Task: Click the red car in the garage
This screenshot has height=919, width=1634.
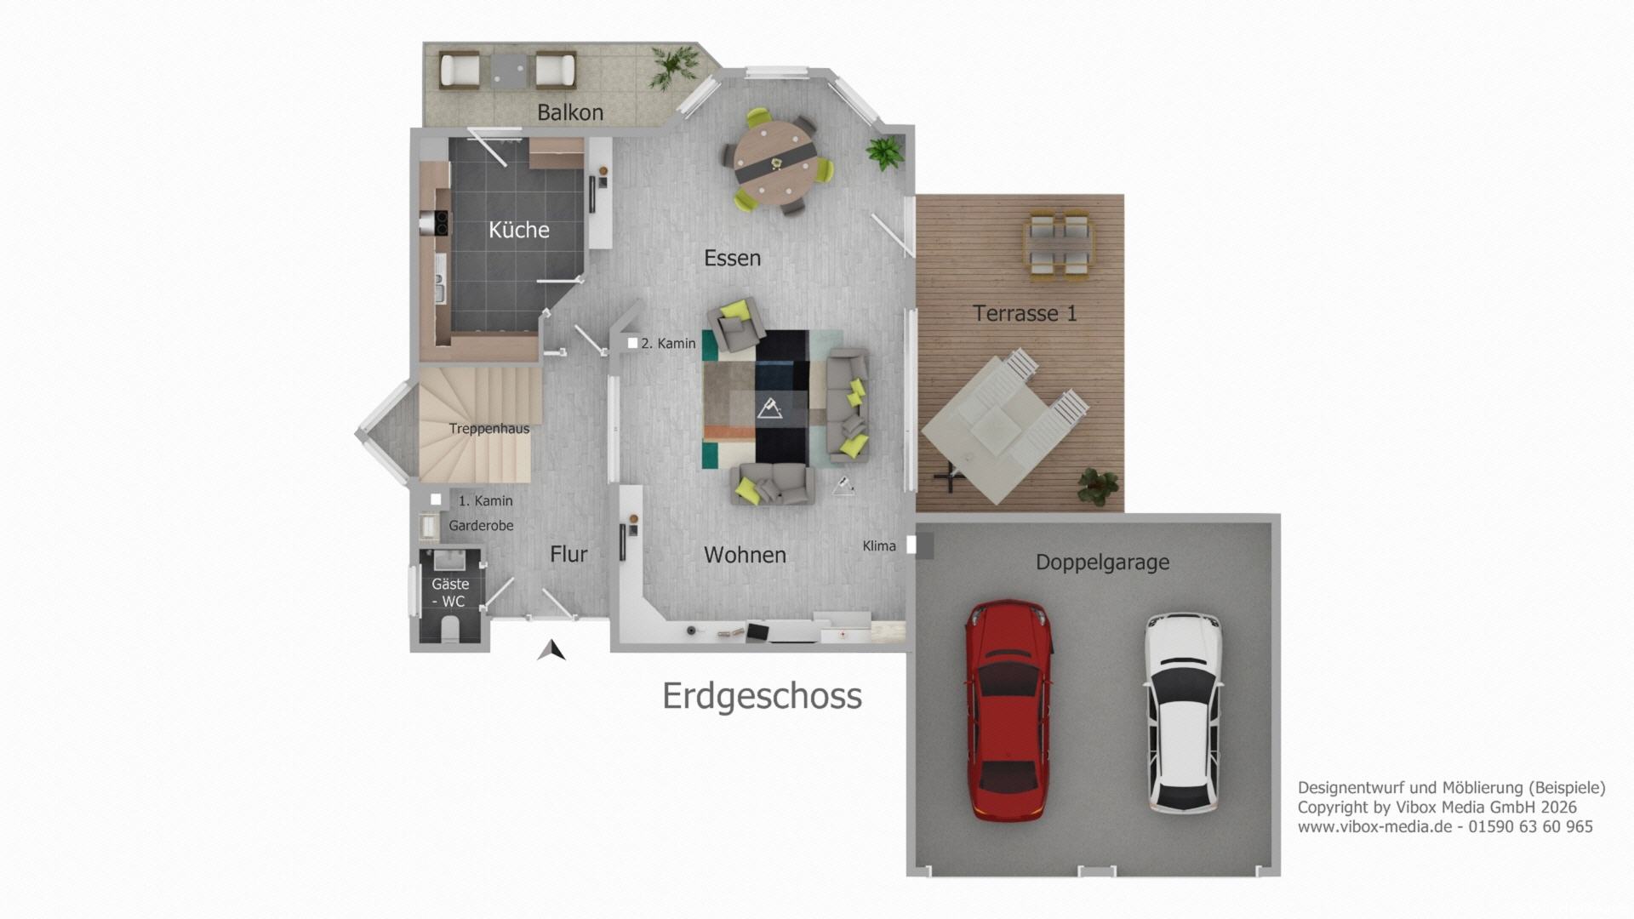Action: [x=1008, y=711]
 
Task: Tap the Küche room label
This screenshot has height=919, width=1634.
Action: [x=518, y=230]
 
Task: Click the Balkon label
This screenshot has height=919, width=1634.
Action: [x=570, y=112]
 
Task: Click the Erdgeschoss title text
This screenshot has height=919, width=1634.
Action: [x=762, y=696]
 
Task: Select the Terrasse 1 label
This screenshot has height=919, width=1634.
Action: [x=1025, y=313]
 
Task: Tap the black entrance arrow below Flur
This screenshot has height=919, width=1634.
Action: [x=551, y=650]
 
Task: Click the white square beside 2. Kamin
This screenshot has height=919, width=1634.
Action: [x=632, y=343]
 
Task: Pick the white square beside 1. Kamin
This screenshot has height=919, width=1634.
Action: [x=436, y=499]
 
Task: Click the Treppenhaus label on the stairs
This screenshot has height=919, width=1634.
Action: [x=489, y=429]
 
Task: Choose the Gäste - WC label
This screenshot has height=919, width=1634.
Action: [x=449, y=592]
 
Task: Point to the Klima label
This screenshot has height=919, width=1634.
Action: [x=879, y=545]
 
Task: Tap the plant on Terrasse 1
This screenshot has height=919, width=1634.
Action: [x=1098, y=486]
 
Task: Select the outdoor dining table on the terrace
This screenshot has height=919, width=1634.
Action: [x=1060, y=246]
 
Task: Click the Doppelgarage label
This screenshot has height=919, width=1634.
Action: [x=1102, y=562]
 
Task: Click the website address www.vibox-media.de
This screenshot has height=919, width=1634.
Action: [x=1374, y=826]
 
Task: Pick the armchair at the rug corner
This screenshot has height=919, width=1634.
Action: [x=736, y=323]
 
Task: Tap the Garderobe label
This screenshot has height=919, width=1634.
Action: [x=481, y=526]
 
